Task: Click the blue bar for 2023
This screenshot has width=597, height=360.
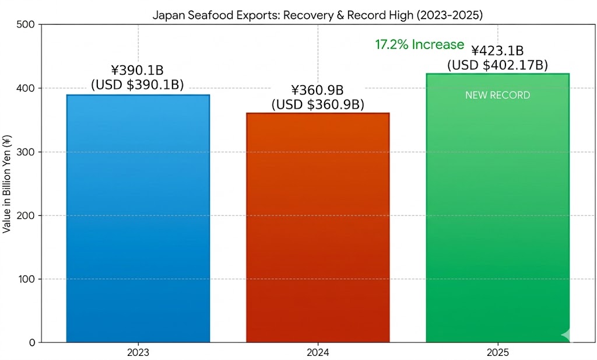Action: click(x=138, y=219)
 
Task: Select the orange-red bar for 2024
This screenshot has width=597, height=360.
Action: click(x=318, y=228)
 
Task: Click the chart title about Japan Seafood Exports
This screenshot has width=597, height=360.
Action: click(x=318, y=15)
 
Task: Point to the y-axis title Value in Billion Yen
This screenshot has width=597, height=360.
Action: click(x=7, y=184)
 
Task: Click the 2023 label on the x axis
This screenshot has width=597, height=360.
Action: click(x=138, y=353)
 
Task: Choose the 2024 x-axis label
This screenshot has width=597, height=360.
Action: click(x=318, y=353)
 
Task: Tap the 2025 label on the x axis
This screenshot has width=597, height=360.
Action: click(x=497, y=353)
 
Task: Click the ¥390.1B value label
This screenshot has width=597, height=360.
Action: click(x=138, y=71)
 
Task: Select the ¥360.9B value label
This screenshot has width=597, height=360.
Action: click(x=318, y=90)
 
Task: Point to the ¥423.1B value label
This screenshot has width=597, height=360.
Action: click(x=497, y=51)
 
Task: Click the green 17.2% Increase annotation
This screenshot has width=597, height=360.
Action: click(x=419, y=45)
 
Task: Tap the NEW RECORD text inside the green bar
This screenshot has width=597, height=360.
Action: click(x=497, y=95)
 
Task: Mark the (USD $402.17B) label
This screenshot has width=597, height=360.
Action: click(x=497, y=65)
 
